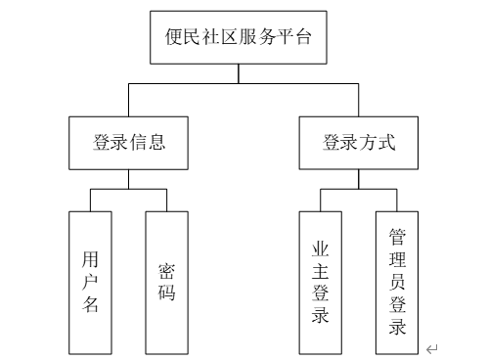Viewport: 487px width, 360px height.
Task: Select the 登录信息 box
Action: [129, 141]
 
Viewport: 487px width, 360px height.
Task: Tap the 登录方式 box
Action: [359, 141]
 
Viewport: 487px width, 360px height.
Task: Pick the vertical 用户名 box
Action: [91, 282]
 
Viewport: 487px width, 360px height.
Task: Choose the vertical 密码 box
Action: [166, 282]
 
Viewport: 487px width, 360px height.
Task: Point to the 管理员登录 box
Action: [397, 282]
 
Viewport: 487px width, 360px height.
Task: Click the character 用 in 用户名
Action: [91, 259]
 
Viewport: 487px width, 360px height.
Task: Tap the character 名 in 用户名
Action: [91, 304]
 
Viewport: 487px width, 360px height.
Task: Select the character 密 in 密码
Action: [166, 269]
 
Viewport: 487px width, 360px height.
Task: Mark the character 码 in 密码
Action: [166, 292]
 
